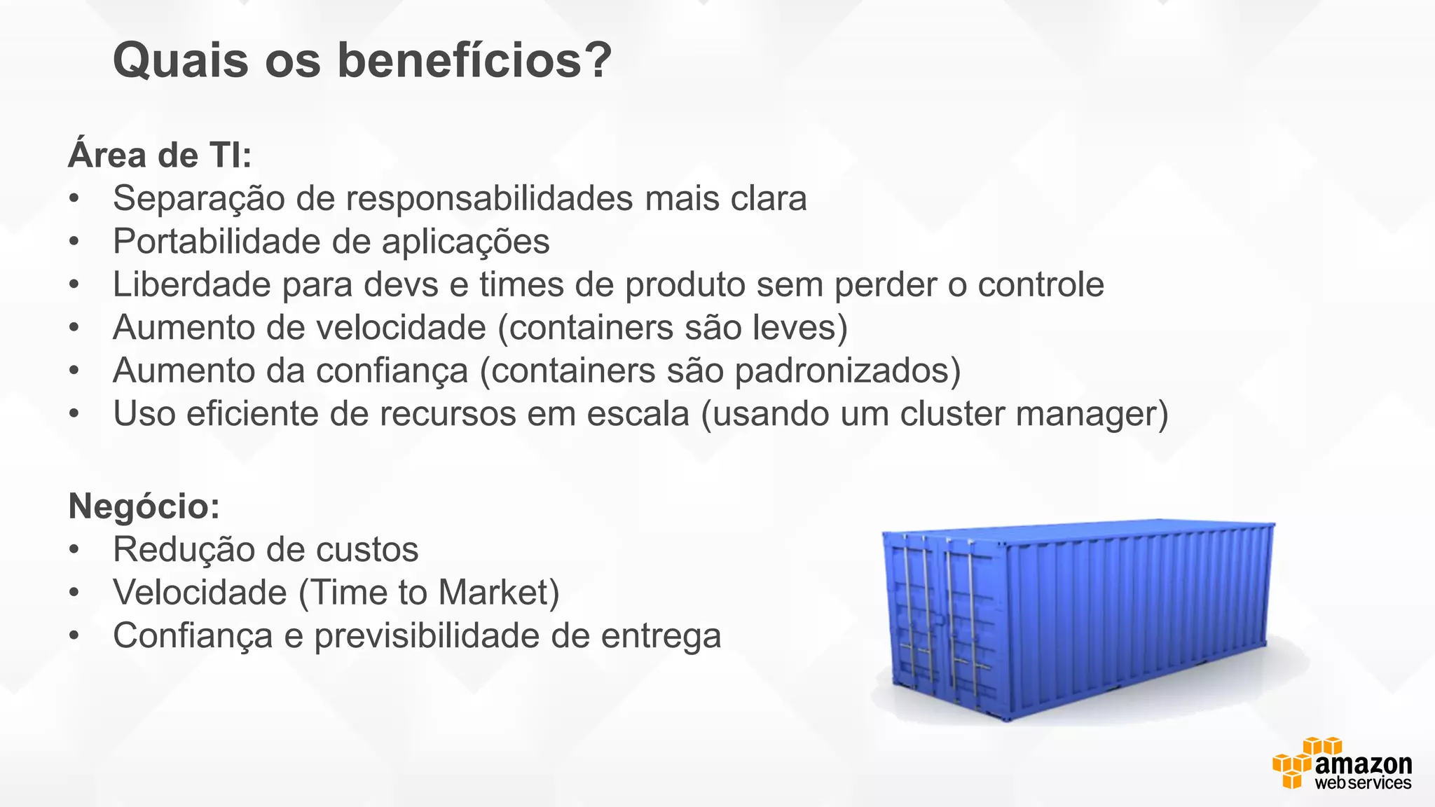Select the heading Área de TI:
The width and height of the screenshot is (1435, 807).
[160, 155]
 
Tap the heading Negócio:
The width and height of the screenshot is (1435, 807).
[144, 506]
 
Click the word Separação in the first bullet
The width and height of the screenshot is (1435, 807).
[198, 199]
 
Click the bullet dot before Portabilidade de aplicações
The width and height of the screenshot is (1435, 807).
[74, 242]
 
